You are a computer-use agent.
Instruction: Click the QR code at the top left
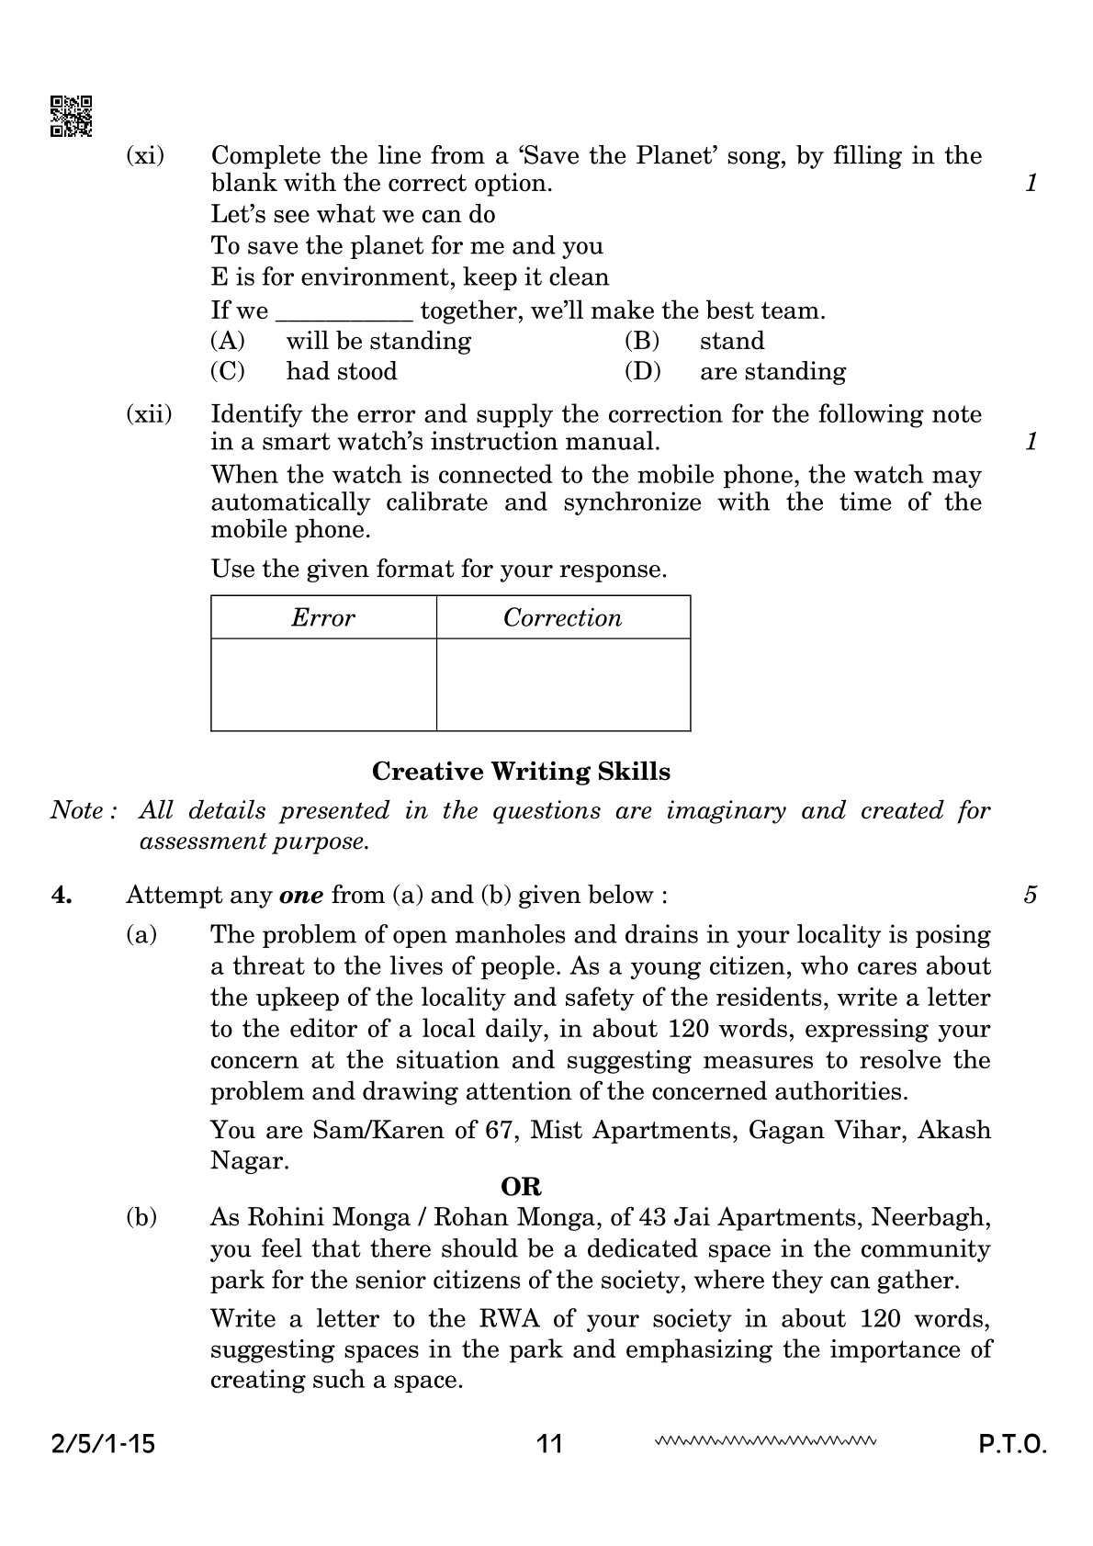70,116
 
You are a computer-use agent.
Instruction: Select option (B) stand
731,341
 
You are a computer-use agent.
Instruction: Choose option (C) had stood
341,371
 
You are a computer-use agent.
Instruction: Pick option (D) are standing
772,371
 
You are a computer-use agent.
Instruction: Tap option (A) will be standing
377,341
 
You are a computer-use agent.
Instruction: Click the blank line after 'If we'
344,312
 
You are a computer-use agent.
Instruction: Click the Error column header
323,617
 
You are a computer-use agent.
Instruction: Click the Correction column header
562,617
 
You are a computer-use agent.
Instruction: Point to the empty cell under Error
323,684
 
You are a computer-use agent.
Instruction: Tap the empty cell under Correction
562,684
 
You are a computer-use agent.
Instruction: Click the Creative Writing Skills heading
521,772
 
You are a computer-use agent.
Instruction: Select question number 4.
62,895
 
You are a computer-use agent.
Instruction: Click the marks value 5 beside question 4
1031,895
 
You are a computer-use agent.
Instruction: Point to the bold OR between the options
521,1187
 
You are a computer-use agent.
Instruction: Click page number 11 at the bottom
549,1444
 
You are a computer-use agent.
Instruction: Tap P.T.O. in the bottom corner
1012,1444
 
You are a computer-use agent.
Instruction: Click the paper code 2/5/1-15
102,1444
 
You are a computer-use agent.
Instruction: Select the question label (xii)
148,414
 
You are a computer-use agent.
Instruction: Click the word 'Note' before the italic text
76,811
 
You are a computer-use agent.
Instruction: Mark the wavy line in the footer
765,1440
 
